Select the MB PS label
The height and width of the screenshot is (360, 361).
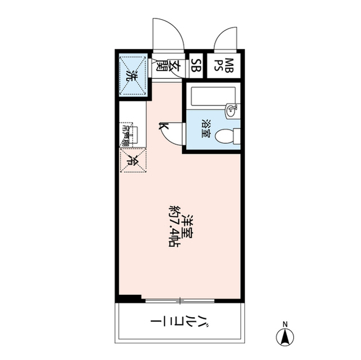click(x=229, y=65)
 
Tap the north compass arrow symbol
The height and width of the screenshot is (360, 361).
click(x=285, y=338)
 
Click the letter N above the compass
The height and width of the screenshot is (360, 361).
click(x=285, y=324)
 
